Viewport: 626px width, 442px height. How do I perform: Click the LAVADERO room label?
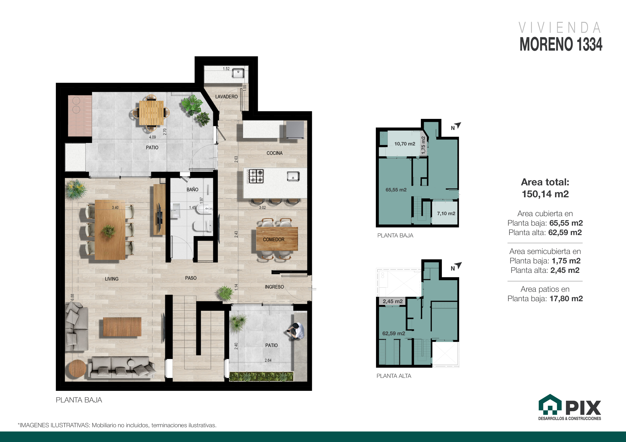pos(226,97)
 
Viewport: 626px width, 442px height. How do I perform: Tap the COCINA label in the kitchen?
pos(275,153)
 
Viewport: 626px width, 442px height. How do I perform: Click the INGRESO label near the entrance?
pos(274,287)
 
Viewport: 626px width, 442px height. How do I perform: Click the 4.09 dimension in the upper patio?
pos(152,137)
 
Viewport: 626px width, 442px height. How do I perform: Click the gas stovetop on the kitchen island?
pos(256,176)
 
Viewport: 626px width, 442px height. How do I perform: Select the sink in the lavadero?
pos(238,73)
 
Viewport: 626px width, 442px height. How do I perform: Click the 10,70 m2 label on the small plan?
pos(405,144)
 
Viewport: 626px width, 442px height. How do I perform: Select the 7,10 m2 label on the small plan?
pos(446,214)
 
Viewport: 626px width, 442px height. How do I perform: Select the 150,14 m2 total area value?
pos(545,194)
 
